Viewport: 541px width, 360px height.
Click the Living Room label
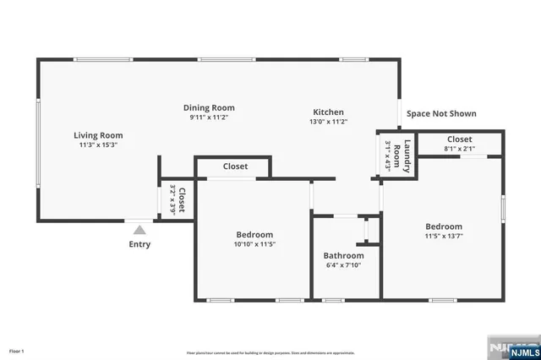98,135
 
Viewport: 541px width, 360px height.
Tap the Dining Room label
209,108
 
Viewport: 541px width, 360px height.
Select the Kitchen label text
329,112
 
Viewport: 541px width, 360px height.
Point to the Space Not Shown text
441,113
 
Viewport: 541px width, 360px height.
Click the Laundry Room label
407,156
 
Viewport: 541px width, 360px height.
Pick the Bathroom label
343,255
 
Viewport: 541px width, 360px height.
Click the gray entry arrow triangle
139,228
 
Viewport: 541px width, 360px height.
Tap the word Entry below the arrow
139,244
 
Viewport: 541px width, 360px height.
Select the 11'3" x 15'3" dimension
98,145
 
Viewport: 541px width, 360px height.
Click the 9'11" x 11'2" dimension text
209,117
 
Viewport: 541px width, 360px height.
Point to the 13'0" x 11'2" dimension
329,122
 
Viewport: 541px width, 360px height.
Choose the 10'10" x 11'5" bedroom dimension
254,244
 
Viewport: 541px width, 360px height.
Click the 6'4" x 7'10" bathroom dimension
343,265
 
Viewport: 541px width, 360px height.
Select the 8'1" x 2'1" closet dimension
460,149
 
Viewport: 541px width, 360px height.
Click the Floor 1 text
17,350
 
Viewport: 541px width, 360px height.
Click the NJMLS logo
511,348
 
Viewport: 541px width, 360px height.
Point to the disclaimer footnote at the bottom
270,352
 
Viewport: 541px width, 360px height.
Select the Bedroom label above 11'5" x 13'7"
443,226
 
